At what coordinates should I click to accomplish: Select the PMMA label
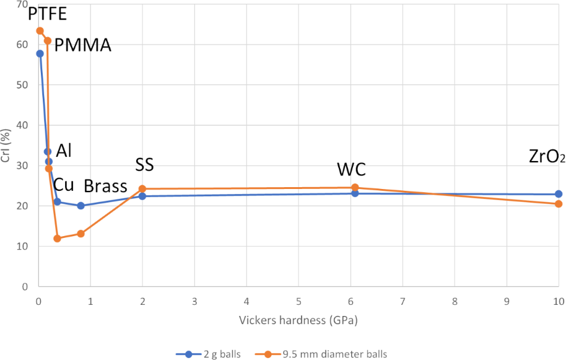83,45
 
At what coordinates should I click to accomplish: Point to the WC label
351,169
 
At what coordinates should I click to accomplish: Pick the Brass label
105,186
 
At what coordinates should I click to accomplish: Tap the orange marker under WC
355,188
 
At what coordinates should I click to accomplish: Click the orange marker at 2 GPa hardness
142,188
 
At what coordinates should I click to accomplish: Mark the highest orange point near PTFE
40,31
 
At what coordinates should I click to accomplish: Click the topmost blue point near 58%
40,54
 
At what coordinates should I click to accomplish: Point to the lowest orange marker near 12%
58,239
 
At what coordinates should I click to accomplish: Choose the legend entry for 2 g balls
207,354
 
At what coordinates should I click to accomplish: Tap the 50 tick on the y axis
25,85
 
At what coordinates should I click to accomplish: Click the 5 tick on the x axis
298,302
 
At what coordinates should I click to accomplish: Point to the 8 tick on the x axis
455,302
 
